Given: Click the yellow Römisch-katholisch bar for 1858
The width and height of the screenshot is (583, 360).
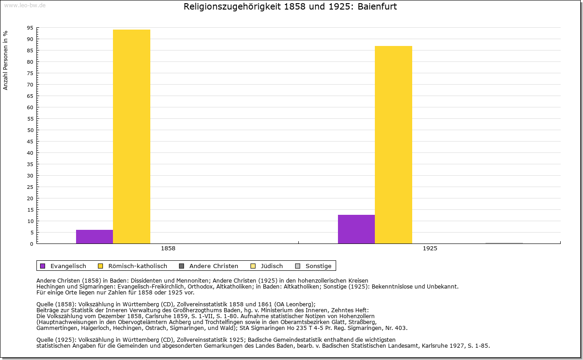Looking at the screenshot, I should point(132,137).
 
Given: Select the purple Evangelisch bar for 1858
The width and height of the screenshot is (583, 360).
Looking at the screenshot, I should point(94,237).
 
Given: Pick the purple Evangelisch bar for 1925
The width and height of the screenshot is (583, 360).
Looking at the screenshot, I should point(356,229).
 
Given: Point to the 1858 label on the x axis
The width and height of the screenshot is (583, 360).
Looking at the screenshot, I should point(168,249).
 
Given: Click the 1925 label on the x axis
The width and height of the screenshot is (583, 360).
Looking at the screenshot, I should point(430,249).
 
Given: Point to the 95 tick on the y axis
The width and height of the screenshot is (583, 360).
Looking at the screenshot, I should point(30,28).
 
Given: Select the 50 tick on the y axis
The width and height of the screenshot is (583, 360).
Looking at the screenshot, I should point(30,130).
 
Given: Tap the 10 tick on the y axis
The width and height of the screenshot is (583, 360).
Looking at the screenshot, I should point(30,221).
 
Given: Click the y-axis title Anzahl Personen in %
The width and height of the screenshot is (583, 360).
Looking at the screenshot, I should point(5,60).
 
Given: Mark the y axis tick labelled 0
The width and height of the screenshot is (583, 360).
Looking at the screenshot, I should point(31,244).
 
